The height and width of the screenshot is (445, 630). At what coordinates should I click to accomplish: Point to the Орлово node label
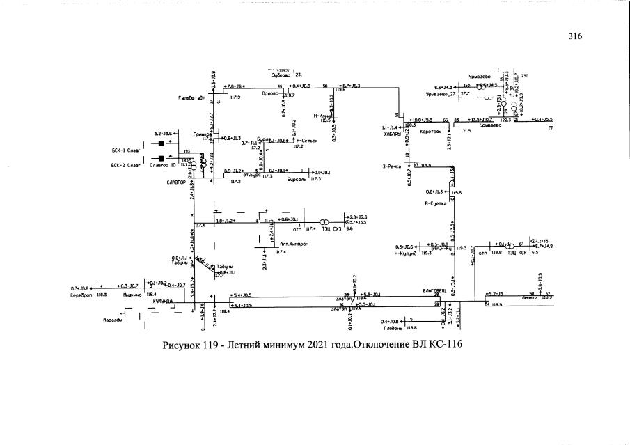(x=269, y=93)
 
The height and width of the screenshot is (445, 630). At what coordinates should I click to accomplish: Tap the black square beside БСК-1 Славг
(x=161, y=144)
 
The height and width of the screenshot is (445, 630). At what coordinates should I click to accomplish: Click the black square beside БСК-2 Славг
(x=161, y=157)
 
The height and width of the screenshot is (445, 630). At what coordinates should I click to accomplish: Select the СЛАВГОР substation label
(x=177, y=182)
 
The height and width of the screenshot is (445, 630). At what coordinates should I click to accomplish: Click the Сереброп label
(x=81, y=295)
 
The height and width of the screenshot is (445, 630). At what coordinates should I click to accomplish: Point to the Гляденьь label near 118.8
(x=393, y=327)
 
